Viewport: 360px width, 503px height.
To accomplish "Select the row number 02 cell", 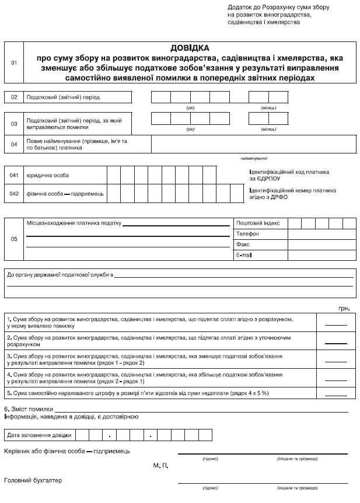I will tap(14, 97).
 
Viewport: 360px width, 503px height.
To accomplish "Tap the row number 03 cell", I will tap(14, 123).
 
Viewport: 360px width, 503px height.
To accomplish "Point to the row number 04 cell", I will tap(14, 144).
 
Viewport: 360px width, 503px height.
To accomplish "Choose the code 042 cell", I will tap(14, 193).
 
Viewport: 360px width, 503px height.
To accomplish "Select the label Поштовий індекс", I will tap(258, 223).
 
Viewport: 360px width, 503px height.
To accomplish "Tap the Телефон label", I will tap(247, 233).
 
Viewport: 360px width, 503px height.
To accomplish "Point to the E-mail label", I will tap(245, 256).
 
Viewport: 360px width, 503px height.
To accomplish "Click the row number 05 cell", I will tap(14, 239).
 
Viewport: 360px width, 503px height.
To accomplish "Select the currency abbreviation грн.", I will tap(344, 307).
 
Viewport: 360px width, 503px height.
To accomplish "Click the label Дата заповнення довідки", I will tap(39, 435).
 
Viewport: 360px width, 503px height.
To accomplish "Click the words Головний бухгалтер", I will tap(33, 480).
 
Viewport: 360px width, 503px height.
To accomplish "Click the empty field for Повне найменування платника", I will tap(253, 144).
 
